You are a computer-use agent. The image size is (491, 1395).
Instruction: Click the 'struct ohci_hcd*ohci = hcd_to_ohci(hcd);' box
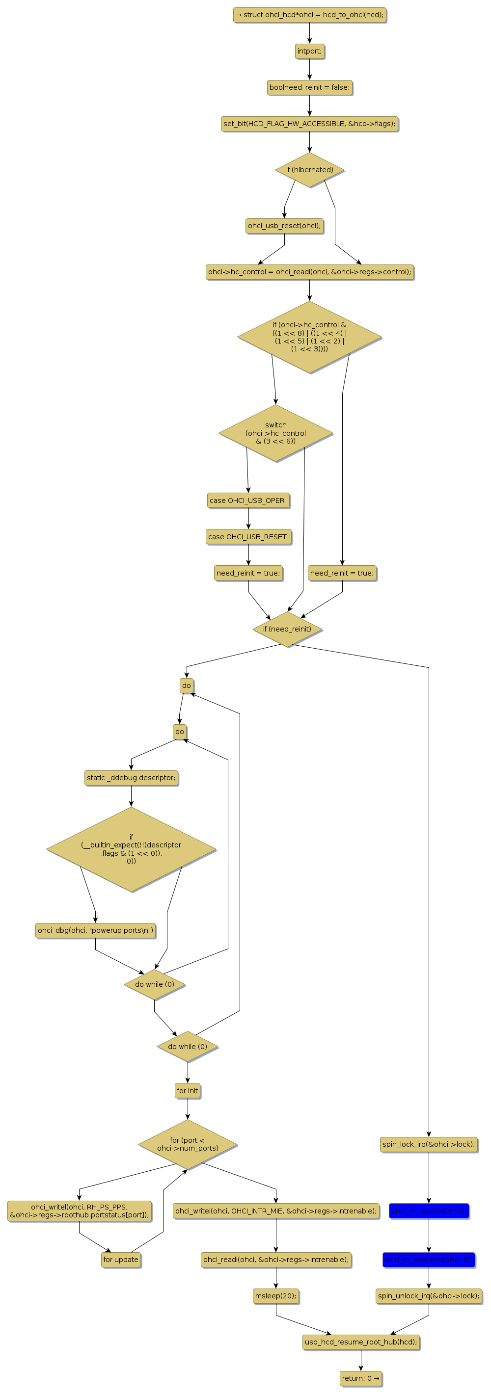(309, 15)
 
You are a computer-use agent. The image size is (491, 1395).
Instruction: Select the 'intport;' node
(309, 51)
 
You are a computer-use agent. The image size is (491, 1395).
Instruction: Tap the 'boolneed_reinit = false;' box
(309, 87)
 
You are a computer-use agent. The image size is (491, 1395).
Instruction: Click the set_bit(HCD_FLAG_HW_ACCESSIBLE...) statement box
(309, 124)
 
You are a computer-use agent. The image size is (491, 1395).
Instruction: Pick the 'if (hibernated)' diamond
(309, 169)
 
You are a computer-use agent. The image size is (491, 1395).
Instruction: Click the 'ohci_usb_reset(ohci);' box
(284, 225)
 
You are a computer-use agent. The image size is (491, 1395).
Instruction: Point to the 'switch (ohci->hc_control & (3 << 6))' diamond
(275, 433)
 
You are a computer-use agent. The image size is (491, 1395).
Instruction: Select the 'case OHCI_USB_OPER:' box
(248, 500)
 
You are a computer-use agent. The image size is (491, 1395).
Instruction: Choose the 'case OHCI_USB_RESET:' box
(248, 537)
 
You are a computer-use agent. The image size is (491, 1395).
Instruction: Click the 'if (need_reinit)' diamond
(287, 629)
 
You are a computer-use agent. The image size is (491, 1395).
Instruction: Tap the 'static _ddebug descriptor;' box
(131, 778)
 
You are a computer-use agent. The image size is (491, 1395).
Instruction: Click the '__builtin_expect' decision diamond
(131, 848)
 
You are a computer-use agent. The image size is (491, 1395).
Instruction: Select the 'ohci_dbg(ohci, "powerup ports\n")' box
(95, 930)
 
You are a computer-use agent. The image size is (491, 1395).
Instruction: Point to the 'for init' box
(188, 1091)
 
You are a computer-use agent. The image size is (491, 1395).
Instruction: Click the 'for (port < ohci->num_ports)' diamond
(188, 1144)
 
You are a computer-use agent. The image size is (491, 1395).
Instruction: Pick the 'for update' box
(121, 1260)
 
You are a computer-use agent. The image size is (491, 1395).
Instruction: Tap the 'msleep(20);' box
(275, 1296)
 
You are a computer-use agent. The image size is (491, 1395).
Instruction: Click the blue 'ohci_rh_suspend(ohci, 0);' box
(429, 1260)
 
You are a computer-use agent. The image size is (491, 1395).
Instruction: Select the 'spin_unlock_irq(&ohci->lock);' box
(429, 1296)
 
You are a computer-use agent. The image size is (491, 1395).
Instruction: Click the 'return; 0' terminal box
(361, 1378)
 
